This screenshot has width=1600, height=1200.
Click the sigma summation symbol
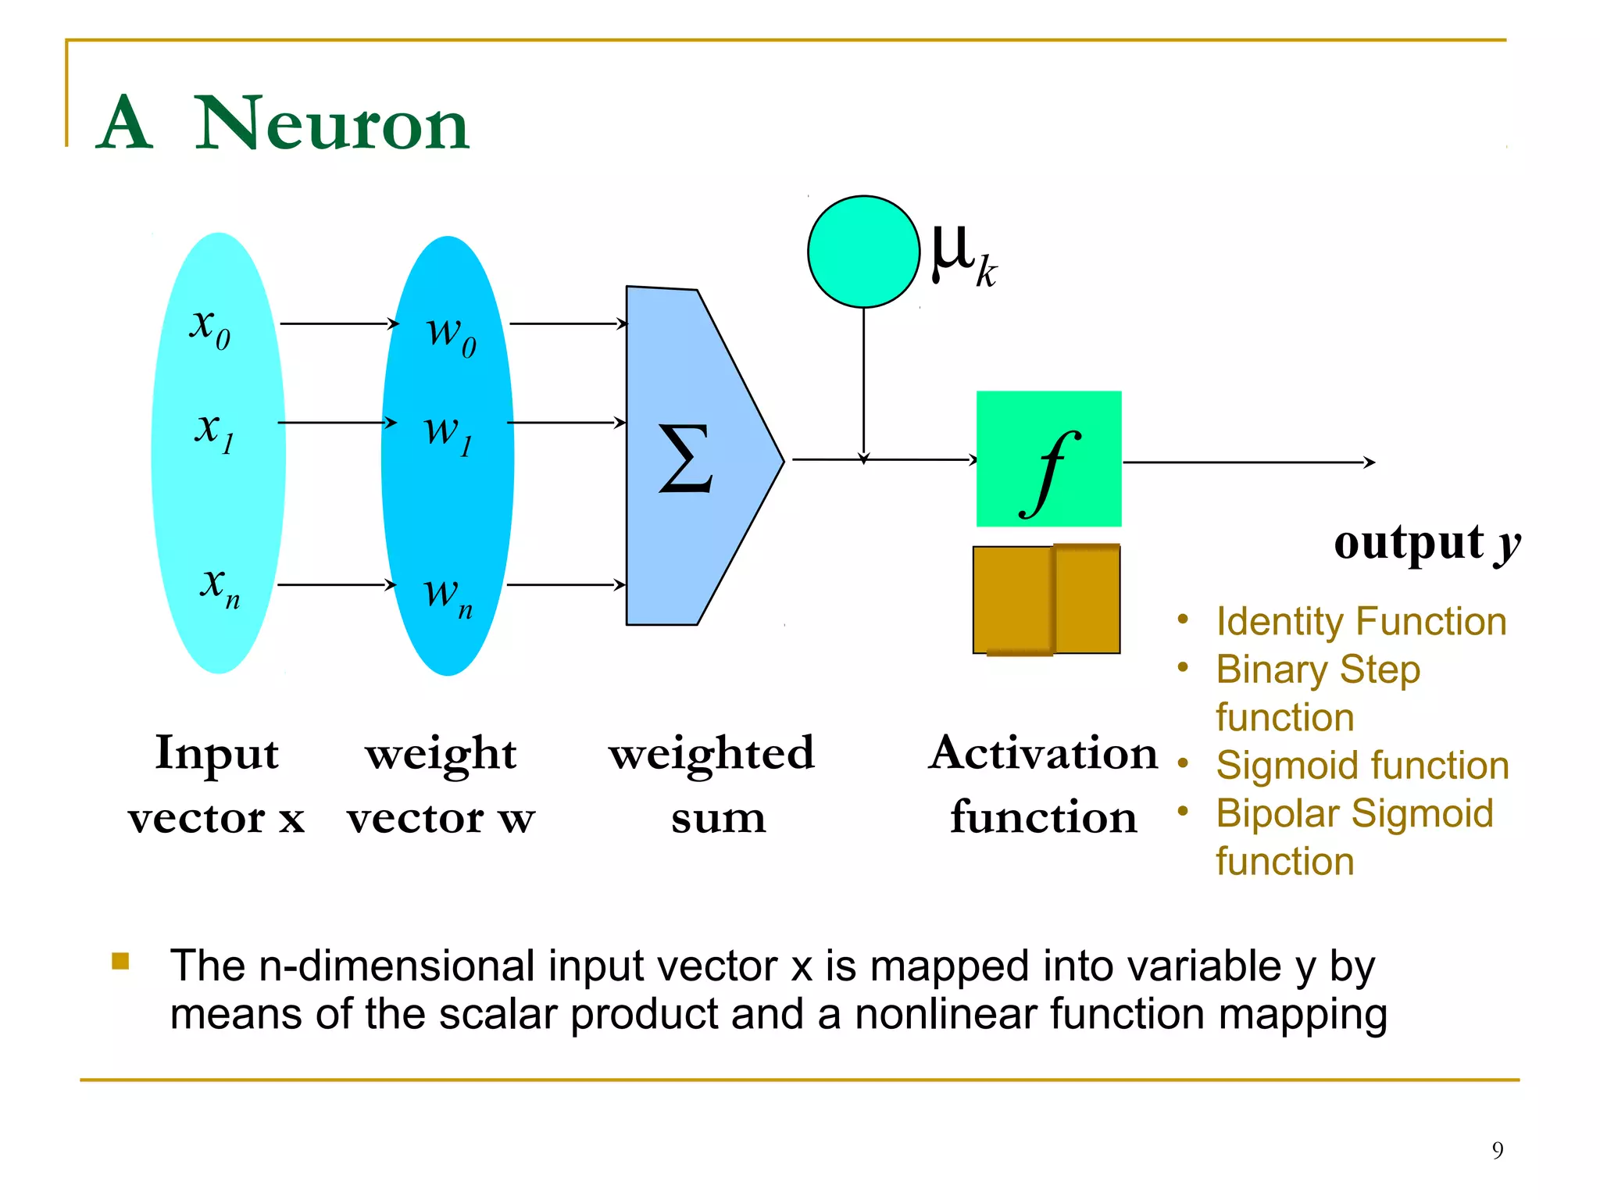pos(685,459)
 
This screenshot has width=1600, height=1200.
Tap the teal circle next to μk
pos(863,252)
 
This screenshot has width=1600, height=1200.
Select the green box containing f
pos(1048,459)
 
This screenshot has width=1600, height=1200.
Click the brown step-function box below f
pos(1046,599)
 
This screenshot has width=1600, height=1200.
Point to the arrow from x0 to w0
pos(339,323)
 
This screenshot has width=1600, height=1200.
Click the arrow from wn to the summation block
pos(566,584)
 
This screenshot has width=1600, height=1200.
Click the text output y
pos(1427,542)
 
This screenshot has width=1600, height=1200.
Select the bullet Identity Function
pos(1361,622)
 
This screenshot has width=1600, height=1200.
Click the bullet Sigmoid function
pos(1362,766)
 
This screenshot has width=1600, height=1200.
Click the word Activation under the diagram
pos(1043,754)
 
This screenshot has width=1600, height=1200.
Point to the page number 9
pos(1497,1150)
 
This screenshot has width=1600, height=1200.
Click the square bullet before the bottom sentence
pos(120,961)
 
